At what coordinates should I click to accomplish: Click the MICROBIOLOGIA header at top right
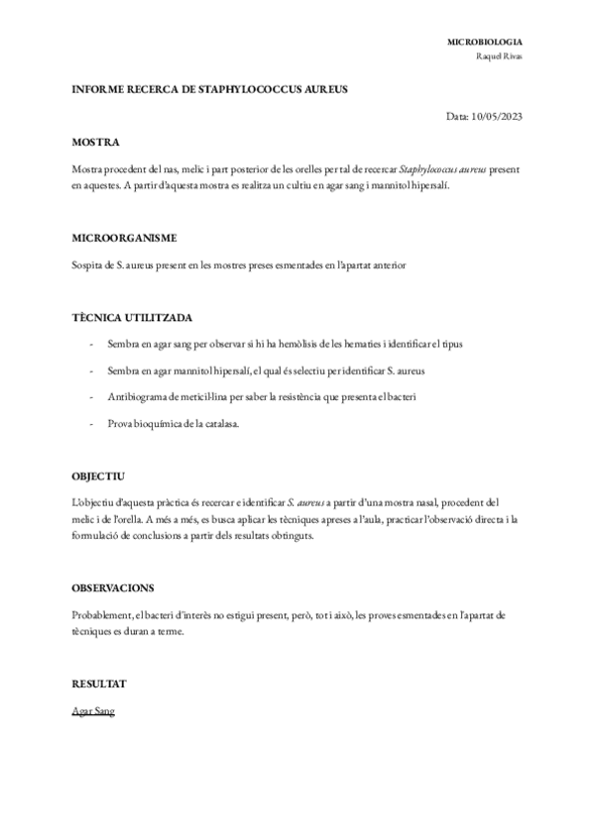point(486,43)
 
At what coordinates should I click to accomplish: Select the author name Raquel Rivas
point(501,56)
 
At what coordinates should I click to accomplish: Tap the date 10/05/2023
point(499,116)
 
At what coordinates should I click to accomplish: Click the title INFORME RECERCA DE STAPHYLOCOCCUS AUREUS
point(210,89)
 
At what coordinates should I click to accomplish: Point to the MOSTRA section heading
point(97,143)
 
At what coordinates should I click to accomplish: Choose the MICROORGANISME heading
point(125,239)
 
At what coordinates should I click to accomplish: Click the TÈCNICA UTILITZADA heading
point(133,318)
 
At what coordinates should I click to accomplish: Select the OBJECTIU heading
point(99,476)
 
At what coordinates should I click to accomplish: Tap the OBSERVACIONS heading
point(113,587)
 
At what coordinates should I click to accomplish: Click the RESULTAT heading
point(100,683)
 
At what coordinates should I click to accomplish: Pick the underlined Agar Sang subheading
point(93,711)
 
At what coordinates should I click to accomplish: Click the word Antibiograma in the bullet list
point(136,396)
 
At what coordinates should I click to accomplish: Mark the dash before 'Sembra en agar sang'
point(91,344)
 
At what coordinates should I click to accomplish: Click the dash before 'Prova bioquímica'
point(91,423)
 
